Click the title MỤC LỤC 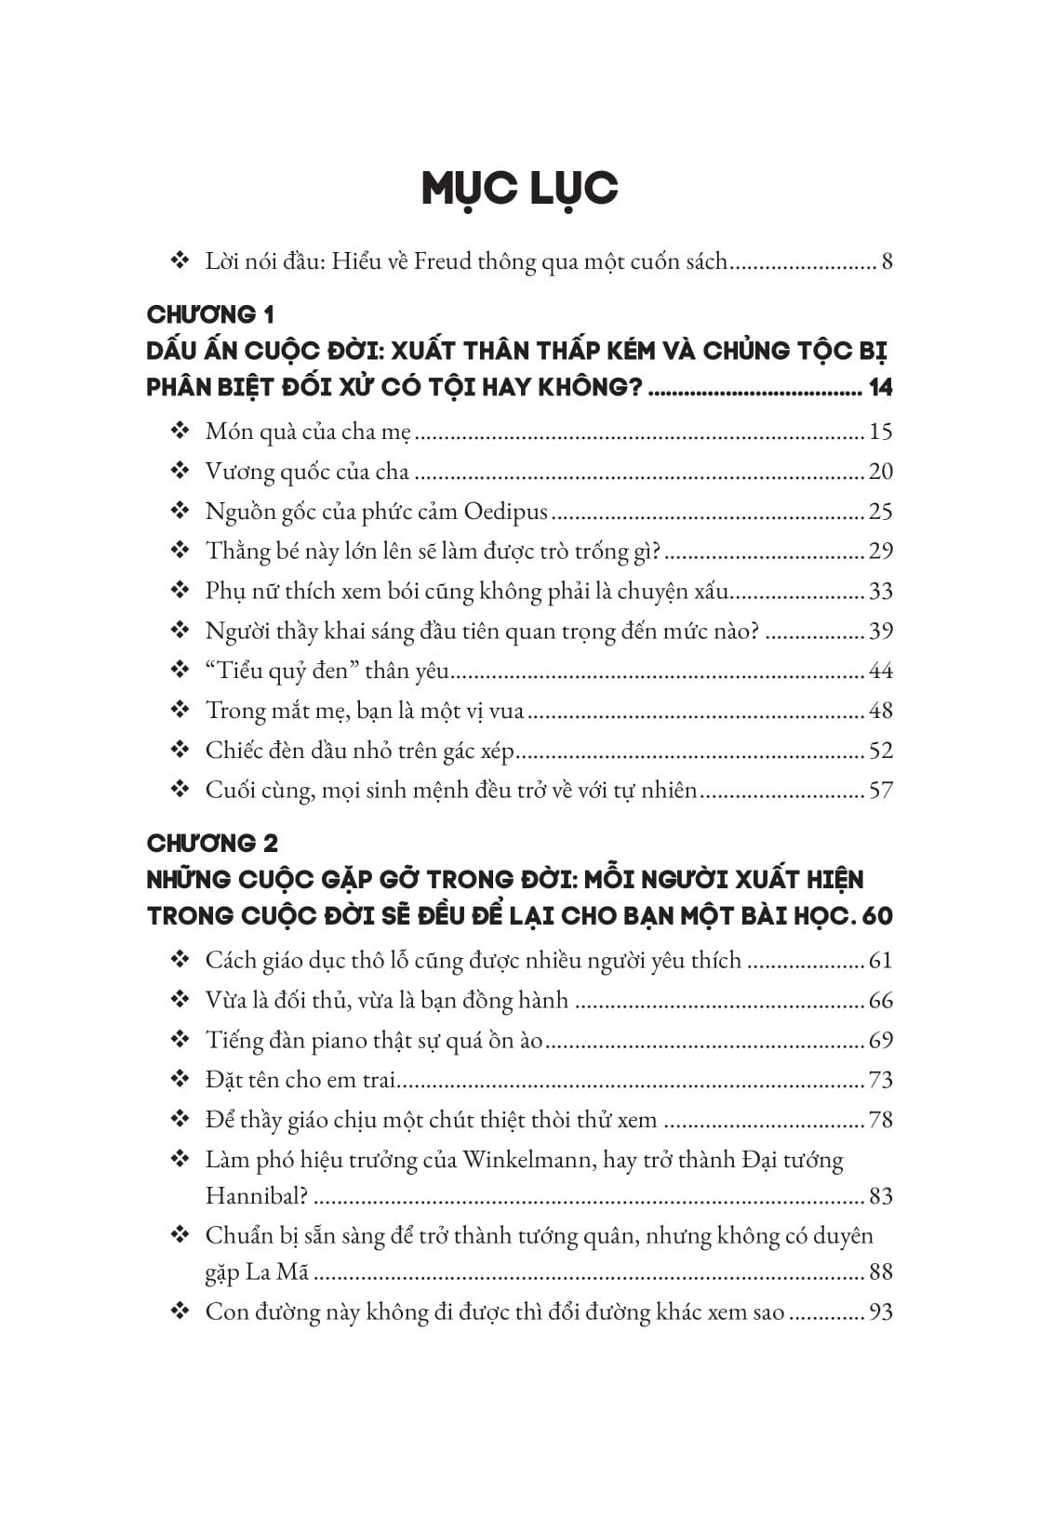coord(519,189)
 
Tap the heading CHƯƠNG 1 coord(210,314)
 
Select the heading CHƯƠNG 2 coord(212,844)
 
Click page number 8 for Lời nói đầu coord(887,261)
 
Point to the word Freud coord(443,261)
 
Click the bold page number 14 coord(879,388)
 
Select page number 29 coord(880,552)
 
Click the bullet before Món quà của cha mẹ coord(180,431)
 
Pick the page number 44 coord(880,671)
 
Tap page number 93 coord(880,1312)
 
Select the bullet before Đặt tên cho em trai coord(180,1079)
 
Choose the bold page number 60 coord(877,916)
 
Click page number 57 coord(880,791)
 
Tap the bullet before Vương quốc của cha coord(180,471)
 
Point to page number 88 coord(880,1271)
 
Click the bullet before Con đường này coord(180,1311)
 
